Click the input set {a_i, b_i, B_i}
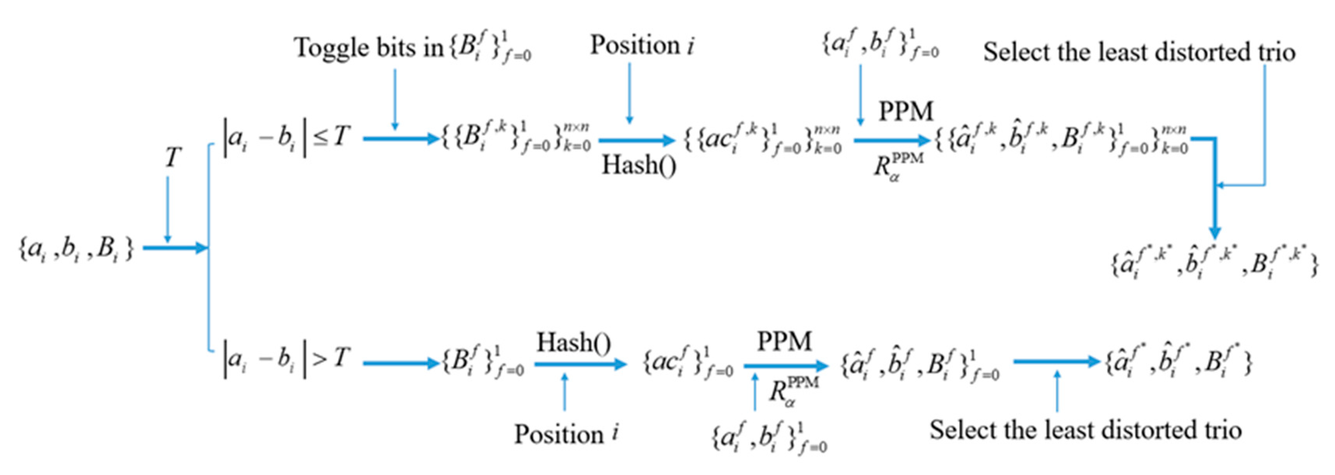pyautogui.click(x=76, y=249)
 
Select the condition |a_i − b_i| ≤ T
pyautogui.click(x=287, y=138)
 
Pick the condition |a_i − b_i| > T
pyautogui.click(x=287, y=358)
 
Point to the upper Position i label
pyautogui.click(x=642, y=45)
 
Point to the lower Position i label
pyautogui.click(x=566, y=433)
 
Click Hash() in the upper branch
pyautogui.click(x=638, y=166)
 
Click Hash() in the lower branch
pyautogui.click(x=573, y=343)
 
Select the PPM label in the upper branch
pyautogui.click(x=905, y=112)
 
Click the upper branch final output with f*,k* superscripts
pyautogui.click(x=1213, y=263)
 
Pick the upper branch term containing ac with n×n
pyautogui.click(x=762, y=139)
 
